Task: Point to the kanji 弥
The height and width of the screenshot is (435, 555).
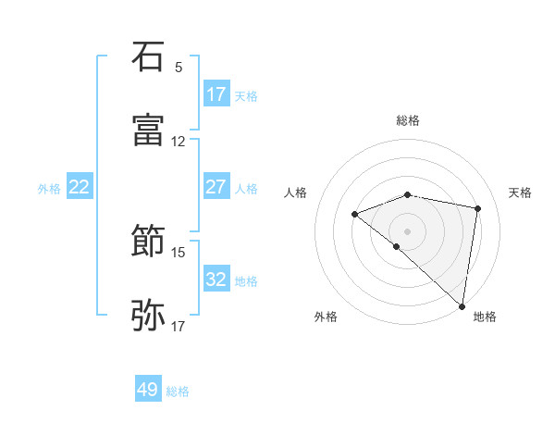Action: coord(148,315)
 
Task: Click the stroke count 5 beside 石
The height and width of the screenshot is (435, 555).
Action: coord(179,67)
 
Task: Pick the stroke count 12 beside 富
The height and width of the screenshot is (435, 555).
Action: coord(179,142)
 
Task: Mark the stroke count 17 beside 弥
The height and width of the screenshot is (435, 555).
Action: coord(179,326)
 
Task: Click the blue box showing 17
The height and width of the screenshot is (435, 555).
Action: coord(216,94)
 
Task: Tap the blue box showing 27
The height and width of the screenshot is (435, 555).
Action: coord(216,187)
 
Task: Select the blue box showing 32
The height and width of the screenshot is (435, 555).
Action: coord(216,280)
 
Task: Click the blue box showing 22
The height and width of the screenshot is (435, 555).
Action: coord(80,187)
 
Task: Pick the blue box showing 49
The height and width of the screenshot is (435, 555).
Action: coord(148,390)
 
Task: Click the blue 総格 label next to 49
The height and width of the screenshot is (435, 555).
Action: coord(179,391)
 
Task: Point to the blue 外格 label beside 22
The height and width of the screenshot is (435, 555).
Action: coord(49,189)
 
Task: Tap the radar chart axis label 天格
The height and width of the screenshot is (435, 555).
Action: coord(521,193)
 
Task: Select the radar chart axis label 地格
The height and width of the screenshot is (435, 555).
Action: coord(485,317)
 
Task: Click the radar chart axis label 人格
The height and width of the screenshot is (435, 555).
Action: coord(297,193)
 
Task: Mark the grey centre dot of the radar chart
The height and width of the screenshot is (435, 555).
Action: coord(408,230)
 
